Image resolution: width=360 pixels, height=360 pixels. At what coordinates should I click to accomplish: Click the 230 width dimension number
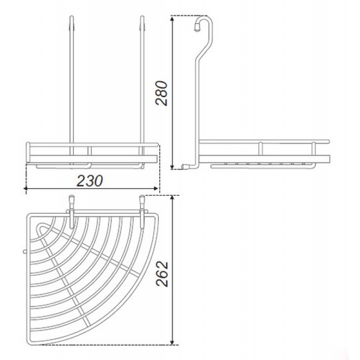click(x=90, y=180)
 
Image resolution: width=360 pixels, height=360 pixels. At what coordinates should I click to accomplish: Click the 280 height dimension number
click(x=162, y=93)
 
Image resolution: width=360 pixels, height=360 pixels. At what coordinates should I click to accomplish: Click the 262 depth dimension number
click(x=162, y=274)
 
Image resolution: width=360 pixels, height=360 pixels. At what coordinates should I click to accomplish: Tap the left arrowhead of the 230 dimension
click(x=26, y=188)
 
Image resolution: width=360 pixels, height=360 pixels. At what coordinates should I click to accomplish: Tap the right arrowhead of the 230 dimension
click(x=156, y=188)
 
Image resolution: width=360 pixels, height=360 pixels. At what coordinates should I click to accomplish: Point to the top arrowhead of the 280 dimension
click(x=172, y=18)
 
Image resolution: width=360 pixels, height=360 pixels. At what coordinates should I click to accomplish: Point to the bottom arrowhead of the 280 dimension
click(x=172, y=166)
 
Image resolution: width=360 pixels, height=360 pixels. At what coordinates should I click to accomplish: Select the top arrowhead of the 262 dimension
click(x=172, y=198)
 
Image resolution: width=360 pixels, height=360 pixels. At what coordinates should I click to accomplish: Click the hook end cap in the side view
click(x=197, y=27)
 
